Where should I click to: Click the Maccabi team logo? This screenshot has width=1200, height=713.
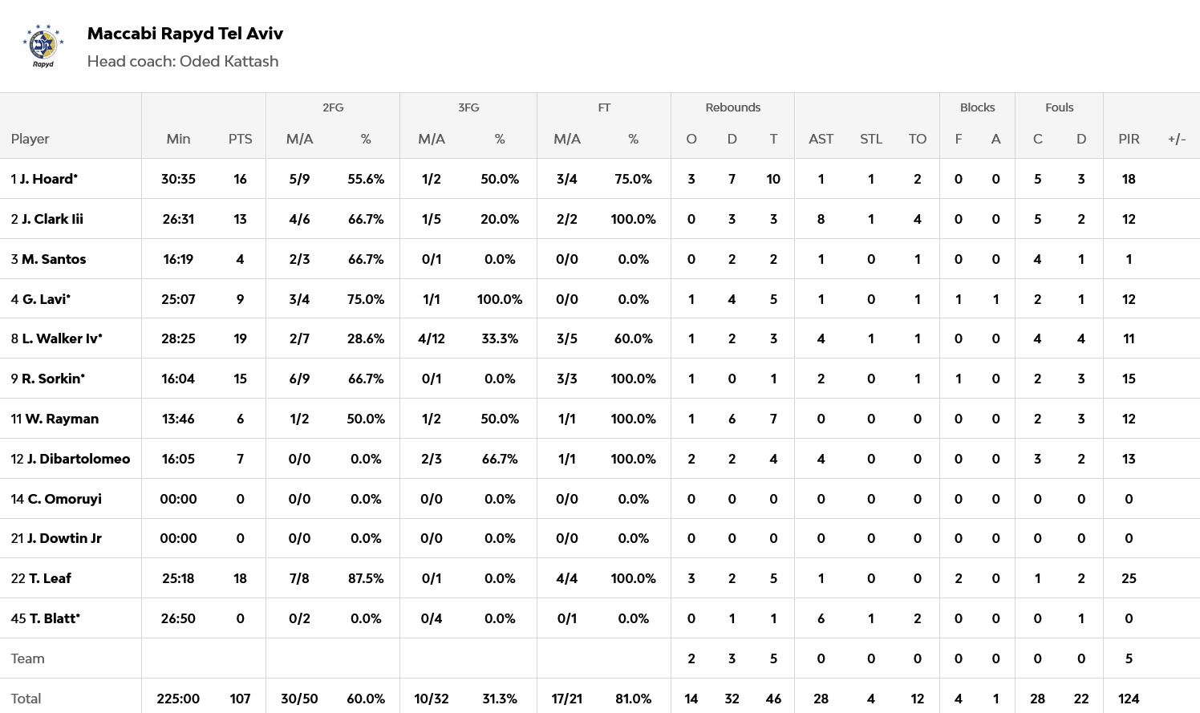click(x=43, y=47)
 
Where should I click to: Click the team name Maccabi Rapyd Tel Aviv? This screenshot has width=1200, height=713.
click(x=184, y=34)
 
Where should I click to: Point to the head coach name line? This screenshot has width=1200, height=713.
click(x=183, y=62)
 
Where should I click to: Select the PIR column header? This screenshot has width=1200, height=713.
click(x=1129, y=139)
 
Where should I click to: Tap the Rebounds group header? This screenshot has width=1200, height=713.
click(x=732, y=107)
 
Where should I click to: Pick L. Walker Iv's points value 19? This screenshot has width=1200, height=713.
click(x=240, y=338)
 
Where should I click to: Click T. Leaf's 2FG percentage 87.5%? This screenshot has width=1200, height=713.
click(x=366, y=578)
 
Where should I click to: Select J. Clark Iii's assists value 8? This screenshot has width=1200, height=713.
click(x=821, y=219)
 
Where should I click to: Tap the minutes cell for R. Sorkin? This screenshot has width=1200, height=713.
click(x=178, y=379)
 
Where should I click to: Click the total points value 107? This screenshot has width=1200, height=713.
click(x=240, y=699)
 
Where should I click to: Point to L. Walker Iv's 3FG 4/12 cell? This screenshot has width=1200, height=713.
click(x=432, y=338)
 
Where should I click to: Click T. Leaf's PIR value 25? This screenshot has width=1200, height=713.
click(x=1129, y=578)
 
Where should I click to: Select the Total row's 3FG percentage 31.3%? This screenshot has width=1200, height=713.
click(x=500, y=699)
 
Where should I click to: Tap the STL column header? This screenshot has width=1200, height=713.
click(x=871, y=139)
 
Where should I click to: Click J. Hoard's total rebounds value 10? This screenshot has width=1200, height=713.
click(x=773, y=179)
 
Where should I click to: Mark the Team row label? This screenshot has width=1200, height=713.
click(x=28, y=658)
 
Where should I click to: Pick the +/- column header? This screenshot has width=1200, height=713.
click(x=1177, y=139)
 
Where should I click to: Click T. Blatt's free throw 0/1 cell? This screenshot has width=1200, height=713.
click(x=567, y=618)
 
